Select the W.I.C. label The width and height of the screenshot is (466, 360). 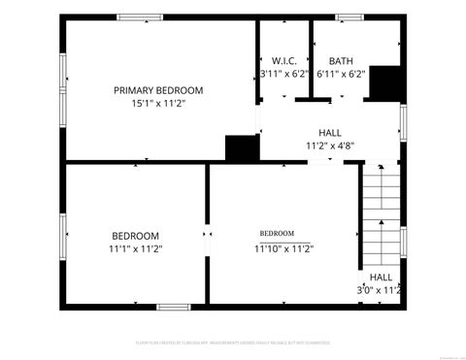(284, 60)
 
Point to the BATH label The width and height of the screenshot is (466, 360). (341, 60)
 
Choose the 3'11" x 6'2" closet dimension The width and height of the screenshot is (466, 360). (284, 73)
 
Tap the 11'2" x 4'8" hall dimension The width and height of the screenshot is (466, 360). (330, 146)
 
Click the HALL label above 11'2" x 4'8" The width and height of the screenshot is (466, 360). (330, 133)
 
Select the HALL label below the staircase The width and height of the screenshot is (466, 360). (381, 277)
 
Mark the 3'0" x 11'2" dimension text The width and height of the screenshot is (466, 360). (380, 289)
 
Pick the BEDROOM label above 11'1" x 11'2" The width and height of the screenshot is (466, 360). (135, 236)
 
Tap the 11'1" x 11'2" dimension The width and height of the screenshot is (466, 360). (136, 248)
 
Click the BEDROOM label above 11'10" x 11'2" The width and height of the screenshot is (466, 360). (277, 234)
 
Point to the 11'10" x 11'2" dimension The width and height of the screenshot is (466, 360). (283, 248)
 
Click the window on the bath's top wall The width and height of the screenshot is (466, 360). (349, 16)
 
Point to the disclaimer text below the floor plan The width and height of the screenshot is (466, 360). (232, 343)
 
